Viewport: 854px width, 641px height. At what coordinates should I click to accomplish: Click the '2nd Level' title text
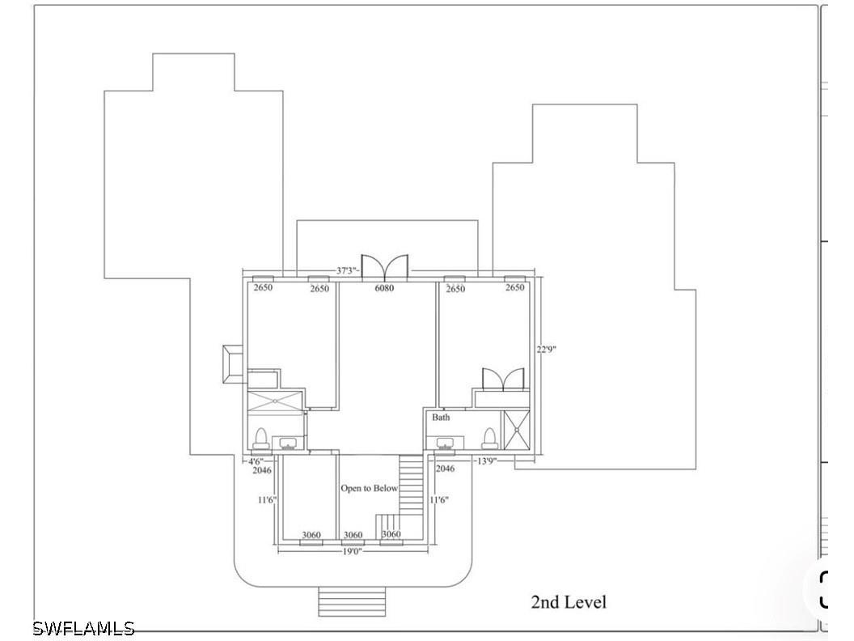coord(568,602)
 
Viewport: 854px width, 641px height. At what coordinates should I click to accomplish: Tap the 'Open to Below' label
coord(370,488)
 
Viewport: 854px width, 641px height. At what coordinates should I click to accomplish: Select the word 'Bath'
coord(442,418)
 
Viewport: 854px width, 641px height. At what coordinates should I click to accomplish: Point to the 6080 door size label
coord(384,288)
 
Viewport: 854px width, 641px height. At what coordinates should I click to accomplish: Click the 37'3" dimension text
coord(348,270)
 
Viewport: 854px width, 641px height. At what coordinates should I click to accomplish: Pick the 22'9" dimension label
coord(546,350)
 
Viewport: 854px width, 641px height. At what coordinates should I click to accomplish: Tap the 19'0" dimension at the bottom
coord(353,551)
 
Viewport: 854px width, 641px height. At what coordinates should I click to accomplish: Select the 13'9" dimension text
coord(486,461)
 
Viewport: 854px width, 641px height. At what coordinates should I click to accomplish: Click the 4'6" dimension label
coord(256,461)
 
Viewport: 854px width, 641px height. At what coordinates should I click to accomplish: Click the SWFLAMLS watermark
coord(83,628)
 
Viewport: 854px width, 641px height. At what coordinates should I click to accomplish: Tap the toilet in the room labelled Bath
coord(490,438)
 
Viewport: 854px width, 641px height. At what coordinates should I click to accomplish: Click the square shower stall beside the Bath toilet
coord(516,430)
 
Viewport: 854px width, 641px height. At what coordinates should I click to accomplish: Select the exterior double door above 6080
coord(384,266)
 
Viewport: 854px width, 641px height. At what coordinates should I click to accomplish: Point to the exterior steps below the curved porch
coord(352,602)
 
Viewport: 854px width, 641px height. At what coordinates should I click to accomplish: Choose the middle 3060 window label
coord(353,535)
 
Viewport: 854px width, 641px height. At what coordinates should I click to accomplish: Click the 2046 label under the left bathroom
coord(262,470)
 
